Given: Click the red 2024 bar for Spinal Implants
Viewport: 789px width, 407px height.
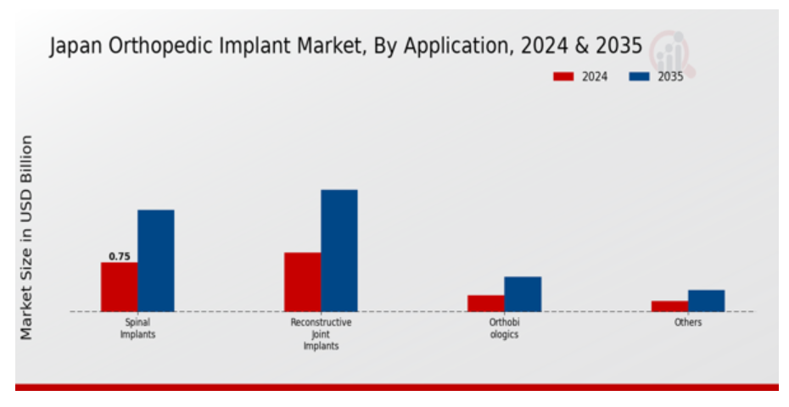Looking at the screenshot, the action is pyautogui.click(x=120, y=287).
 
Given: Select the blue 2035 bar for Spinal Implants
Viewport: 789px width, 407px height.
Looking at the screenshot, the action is pyautogui.click(x=156, y=260).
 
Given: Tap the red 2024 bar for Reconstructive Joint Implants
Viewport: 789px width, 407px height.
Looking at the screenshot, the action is pyautogui.click(x=302, y=282).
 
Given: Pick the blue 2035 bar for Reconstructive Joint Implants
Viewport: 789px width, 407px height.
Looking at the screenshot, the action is pyautogui.click(x=339, y=250).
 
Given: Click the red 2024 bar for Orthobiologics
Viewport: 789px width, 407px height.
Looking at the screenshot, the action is pyautogui.click(x=486, y=304).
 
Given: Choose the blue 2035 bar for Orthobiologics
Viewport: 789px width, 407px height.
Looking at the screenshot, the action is pyautogui.click(x=523, y=294).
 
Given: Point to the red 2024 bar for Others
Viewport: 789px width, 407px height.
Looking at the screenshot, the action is pyautogui.click(x=669, y=306).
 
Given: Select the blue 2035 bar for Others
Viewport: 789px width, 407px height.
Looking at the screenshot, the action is pyautogui.click(x=707, y=301).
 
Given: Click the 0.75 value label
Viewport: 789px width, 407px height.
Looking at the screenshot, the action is pyautogui.click(x=120, y=257).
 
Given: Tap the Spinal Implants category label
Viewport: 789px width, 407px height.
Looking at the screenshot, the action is pyautogui.click(x=138, y=328).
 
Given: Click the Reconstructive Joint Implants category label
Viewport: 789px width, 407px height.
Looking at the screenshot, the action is pyautogui.click(x=321, y=334).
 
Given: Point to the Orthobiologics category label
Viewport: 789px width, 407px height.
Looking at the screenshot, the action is pyautogui.click(x=504, y=328).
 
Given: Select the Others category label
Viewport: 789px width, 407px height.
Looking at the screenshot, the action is pyautogui.click(x=688, y=322).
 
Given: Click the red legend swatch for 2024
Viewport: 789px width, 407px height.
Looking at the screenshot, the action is pyautogui.click(x=563, y=76).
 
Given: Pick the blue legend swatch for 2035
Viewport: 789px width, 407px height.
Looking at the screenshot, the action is pyautogui.click(x=639, y=76).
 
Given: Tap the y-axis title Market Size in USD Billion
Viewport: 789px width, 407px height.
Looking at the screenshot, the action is pyautogui.click(x=26, y=237).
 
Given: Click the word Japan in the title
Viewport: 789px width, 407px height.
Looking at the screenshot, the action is pyautogui.click(x=76, y=47).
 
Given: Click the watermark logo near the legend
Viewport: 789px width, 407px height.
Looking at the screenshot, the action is pyautogui.click(x=672, y=53).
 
